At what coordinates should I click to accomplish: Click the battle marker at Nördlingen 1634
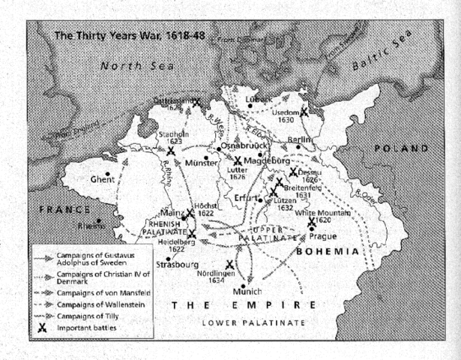[229, 265]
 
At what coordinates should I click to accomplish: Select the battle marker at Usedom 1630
[304, 112]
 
